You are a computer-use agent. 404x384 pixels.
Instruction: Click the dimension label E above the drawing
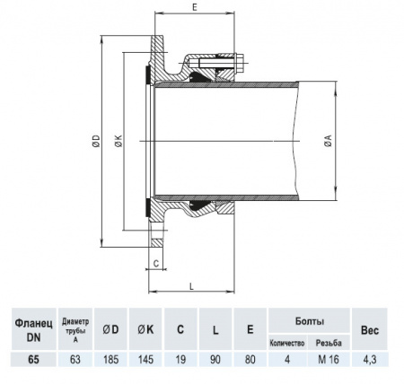click(x=196, y=7)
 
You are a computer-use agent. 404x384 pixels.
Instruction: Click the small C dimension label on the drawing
click(x=155, y=263)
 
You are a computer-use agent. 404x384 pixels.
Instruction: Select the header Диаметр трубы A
click(x=75, y=329)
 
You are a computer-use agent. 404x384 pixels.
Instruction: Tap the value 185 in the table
click(x=111, y=360)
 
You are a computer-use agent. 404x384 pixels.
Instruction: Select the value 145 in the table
click(x=145, y=360)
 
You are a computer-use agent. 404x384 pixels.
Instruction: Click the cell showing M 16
click(x=329, y=360)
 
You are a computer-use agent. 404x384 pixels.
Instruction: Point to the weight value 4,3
click(x=370, y=360)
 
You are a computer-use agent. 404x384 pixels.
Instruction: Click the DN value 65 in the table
click(x=34, y=360)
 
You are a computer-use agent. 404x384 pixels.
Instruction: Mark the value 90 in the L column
click(x=215, y=360)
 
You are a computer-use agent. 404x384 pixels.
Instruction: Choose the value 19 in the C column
click(x=180, y=360)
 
